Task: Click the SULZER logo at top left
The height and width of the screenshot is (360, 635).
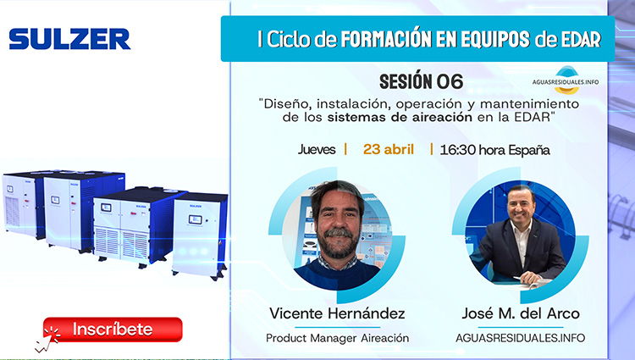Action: (x=69, y=39)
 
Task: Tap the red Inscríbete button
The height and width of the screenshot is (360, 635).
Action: (x=113, y=329)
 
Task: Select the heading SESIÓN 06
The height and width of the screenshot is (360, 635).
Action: (x=421, y=81)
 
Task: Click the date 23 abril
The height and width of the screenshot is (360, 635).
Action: (x=389, y=149)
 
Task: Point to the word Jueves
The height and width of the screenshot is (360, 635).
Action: (x=317, y=149)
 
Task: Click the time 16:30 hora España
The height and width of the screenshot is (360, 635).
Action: (x=494, y=149)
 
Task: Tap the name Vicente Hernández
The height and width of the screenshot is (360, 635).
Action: (x=337, y=313)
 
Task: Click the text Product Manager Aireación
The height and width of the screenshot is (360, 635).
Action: (x=337, y=337)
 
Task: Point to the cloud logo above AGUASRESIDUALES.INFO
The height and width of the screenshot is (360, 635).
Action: (x=566, y=73)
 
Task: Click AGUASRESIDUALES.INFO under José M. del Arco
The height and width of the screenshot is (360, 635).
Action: (x=520, y=337)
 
